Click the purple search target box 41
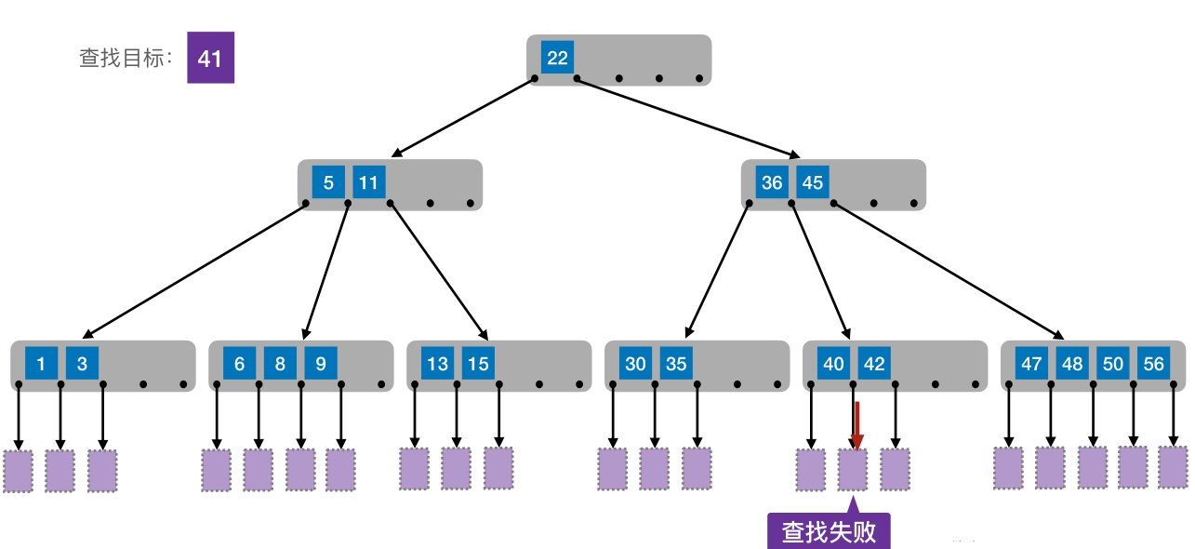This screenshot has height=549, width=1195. [x=210, y=58]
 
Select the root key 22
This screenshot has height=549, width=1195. [x=557, y=58]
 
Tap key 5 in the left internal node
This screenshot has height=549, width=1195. [x=328, y=182]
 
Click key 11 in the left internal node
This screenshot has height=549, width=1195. [x=369, y=182]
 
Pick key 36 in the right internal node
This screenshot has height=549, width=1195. [x=772, y=182]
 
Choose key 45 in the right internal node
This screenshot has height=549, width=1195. [x=813, y=182]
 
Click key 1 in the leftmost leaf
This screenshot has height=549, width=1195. [x=41, y=364]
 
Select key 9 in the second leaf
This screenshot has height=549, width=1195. [x=321, y=364]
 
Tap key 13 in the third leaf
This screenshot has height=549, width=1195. [x=437, y=364]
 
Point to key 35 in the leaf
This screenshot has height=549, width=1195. [x=676, y=364]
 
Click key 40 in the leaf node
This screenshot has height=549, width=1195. [x=833, y=364]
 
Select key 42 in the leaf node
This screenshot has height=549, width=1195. [x=874, y=364]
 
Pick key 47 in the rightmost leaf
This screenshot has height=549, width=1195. [x=1031, y=364]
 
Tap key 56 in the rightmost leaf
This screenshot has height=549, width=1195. [x=1154, y=364]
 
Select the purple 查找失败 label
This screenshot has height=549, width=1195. [x=829, y=531]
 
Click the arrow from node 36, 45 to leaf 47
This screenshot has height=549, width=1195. [x=949, y=270]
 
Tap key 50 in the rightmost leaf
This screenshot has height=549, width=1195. [x=1113, y=364]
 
